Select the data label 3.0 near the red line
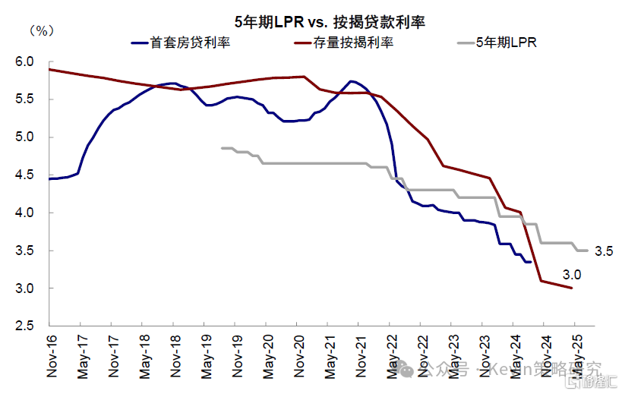[x=571, y=274]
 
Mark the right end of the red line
[x=571, y=288]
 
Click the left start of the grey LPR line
[x=223, y=148]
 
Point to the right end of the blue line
[x=530, y=262]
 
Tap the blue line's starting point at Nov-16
[x=49, y=178]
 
